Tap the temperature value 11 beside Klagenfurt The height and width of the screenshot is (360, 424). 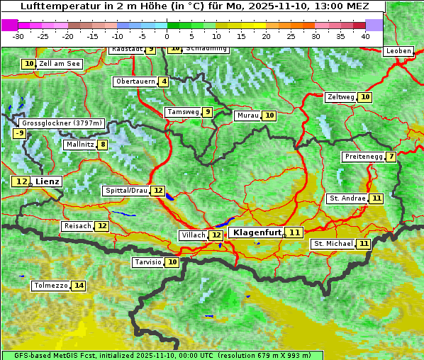pyautogui.click(x=294, y=232)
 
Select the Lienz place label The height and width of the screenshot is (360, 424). pyautogui.click(x=47, y=181)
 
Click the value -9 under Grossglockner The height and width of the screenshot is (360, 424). pyautogui.click(x=19, y=133)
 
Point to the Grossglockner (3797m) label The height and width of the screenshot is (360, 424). pyautogui.click(x=62, y=123)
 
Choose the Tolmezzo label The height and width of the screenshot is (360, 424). pyautogui.click(x=50, y=286)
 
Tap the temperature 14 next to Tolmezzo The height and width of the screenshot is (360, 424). pyautogui.click(x=78, y=286)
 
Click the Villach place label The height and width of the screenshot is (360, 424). pyautogui.click(x=194, y=235)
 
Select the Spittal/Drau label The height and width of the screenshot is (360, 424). pyautogui.click(x=125, y=191)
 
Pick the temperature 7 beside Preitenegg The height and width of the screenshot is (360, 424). pyautogui.click(x=391, y=157)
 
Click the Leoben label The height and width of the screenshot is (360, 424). pyautogui.click(x=397, y=51)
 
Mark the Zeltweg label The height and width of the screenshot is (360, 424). pyautogui.click(x=340, y=97)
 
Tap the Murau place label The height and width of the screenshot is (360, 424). pyautogui.click(x=247, y=116)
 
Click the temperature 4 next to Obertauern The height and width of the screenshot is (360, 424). pyautogui.click(x=164, y=81)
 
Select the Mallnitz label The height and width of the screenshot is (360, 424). pyautogui.click(x=79, y=145)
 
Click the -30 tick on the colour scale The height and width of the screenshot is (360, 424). pyautogui.click(x=18, y=36)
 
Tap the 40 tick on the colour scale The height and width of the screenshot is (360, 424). pyautogui.click(x=365, y=36)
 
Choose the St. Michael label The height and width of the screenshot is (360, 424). pyautogui.click(x=333, y=244)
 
